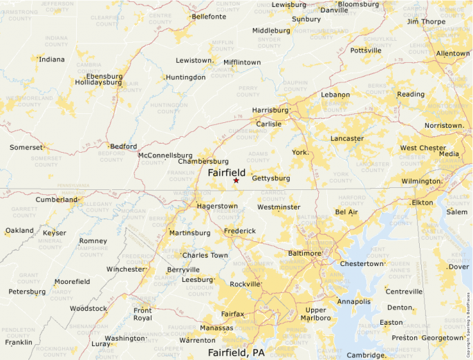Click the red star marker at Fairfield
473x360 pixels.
tap(236, 180)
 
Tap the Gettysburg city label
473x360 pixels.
tap(270, 178)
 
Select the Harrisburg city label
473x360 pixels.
tap(270, 110)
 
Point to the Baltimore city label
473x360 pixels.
tap(305, 254)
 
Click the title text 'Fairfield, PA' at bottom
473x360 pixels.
tap(236, 352)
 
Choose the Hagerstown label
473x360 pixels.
tap(217, 206)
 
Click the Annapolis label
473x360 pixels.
tap(353, 301)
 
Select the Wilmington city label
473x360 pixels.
tap(420, 181)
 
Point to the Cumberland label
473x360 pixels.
tap(57, 200)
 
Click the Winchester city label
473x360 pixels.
tap(126, 269)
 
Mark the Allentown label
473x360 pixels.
tap(452, 53)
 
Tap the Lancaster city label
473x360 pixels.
tap(347, 138)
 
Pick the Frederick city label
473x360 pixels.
tap(239, 231)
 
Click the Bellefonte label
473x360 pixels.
tap(209, 16)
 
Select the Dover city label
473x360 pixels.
tap(459, 267)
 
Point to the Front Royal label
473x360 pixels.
tap(142, 314)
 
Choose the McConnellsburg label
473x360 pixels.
tap(165, 155)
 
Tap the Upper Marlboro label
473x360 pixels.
tap(316, 314)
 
